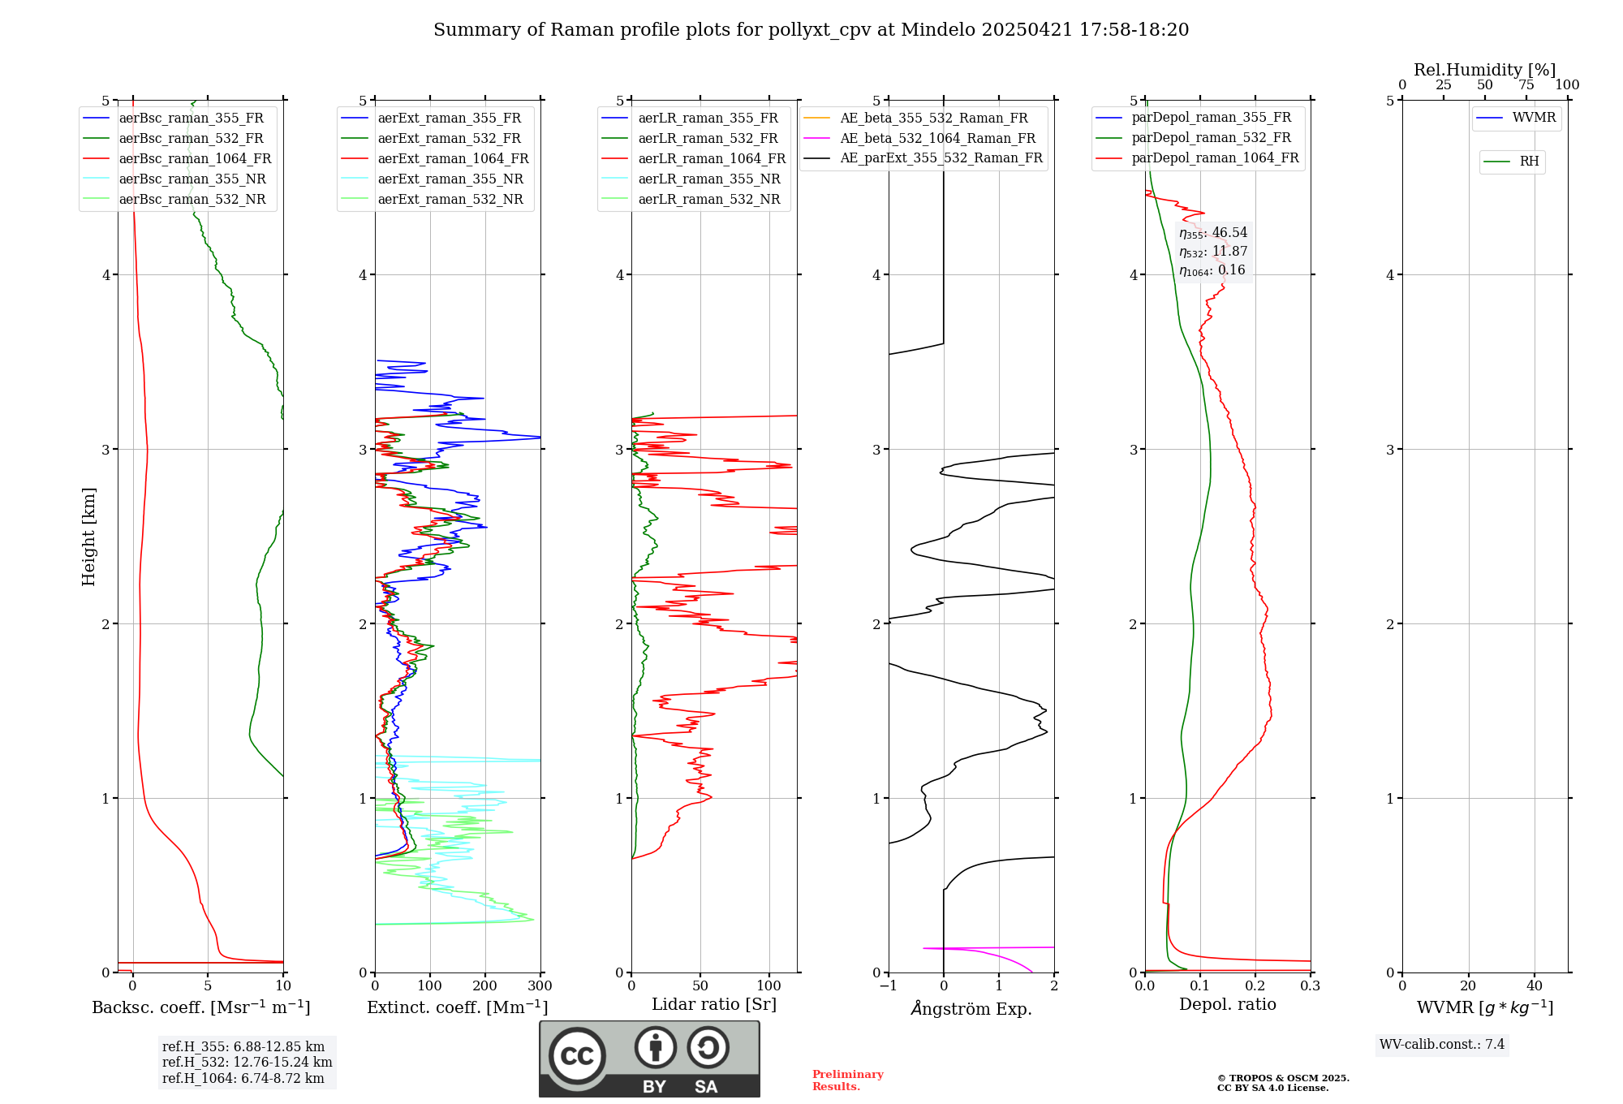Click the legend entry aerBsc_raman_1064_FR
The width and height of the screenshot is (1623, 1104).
195,159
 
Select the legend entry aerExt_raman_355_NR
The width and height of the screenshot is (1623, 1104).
450,179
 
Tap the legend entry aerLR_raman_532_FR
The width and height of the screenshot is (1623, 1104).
708,139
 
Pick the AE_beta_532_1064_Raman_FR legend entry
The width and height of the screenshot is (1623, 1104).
937,139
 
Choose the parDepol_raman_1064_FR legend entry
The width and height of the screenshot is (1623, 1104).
1215,158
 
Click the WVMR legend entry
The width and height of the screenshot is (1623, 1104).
1534,118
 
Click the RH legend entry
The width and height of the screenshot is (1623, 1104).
1529,162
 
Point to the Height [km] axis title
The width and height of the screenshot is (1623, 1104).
88,537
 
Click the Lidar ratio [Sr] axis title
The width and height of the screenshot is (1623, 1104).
714,1004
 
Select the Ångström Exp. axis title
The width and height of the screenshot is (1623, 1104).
971,1009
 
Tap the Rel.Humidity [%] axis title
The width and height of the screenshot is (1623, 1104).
1484,70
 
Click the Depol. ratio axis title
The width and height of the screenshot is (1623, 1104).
1227,1004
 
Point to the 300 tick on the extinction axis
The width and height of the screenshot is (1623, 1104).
540,986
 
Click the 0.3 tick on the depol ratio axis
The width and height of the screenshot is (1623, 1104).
1310,986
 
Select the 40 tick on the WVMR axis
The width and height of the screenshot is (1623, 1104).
1535,986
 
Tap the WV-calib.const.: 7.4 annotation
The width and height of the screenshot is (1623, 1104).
1442,1045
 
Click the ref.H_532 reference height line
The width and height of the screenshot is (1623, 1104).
247,1063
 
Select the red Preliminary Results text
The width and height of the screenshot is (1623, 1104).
847,1080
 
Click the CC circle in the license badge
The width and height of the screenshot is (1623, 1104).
577,1056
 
